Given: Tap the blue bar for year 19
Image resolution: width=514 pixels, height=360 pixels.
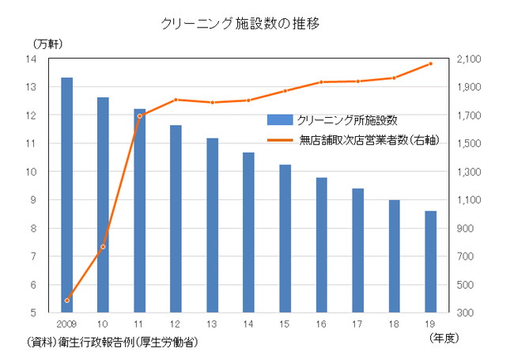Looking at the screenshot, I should point(430,261).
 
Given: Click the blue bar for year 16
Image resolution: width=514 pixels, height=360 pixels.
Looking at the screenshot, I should point(321,244).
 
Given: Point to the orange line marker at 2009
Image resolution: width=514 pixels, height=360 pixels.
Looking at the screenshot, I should point(66,301).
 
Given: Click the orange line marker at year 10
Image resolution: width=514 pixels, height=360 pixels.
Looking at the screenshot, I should point(103,247).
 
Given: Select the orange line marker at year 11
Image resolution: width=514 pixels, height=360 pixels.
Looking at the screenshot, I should point(139,116).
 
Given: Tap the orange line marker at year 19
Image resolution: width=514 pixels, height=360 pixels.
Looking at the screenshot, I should point(430,63).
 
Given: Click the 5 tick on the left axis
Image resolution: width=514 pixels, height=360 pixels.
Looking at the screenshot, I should point(34,313).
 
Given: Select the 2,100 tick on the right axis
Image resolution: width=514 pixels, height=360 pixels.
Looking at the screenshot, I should point(470,59).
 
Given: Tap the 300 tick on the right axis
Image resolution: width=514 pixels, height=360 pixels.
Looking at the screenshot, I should point(467,313).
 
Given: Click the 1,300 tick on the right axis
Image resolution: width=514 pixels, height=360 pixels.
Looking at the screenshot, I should point(470,172).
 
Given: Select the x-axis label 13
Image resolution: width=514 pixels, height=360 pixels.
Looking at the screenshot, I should point(212,324).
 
